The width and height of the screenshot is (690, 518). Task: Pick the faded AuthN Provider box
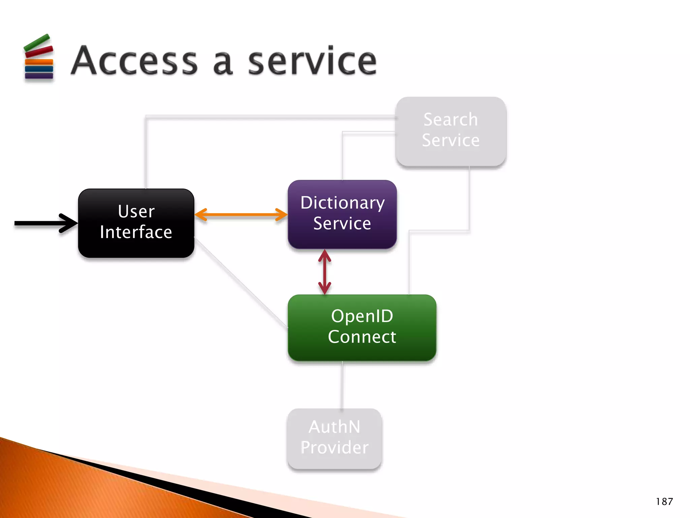[334, 460]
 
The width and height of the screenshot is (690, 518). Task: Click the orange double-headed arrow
[241, 214]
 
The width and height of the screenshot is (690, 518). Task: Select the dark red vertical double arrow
[324, 272]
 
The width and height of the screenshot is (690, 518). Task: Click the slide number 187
[664, 501]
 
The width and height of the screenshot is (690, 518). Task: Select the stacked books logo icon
[39, 58]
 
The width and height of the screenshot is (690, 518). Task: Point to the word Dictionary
[342, 203]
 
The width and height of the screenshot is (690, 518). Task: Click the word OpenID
[362, 316]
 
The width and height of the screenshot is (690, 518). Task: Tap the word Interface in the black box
[136, 232]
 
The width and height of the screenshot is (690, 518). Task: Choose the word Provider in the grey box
[334, 447]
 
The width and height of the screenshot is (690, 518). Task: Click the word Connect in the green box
[362, 337]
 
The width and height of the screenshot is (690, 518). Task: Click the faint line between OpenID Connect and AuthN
[342, 384]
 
